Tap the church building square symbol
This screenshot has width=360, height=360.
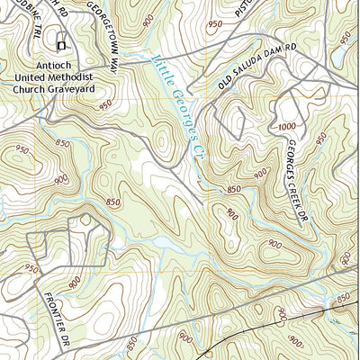tap(61, 45)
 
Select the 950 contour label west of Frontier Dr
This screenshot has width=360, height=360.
tap(32, 269)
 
